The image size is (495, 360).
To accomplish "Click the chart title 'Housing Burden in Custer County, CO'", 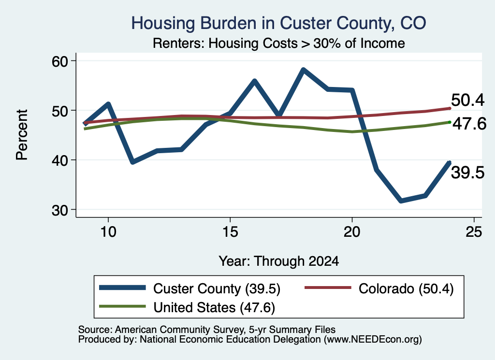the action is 278,23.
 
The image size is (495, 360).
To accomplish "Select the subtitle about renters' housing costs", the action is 279,43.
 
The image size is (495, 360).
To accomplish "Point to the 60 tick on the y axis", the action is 60,61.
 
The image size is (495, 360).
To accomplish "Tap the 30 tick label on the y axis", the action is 60,210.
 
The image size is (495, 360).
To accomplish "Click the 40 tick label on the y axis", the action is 60,160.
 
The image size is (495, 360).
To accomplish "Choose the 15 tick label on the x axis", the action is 230,232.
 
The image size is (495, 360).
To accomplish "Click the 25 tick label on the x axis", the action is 474,232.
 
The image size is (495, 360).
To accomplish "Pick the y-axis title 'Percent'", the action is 22,135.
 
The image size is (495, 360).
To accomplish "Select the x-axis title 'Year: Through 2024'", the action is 279,261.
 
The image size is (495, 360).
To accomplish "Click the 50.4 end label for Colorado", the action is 467,101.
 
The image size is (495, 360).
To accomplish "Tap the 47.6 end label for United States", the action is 469,124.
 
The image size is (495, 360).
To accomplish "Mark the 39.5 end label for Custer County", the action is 467,173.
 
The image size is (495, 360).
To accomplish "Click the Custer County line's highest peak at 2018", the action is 303,70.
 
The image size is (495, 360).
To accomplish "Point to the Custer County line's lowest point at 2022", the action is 401,201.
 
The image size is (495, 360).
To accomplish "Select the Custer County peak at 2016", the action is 254,81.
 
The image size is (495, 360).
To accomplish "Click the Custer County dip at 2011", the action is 133,162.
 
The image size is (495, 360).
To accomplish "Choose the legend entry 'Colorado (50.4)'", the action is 379,288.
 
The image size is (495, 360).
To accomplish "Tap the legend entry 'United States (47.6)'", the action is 187,307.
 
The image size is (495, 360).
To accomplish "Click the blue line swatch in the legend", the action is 122,288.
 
